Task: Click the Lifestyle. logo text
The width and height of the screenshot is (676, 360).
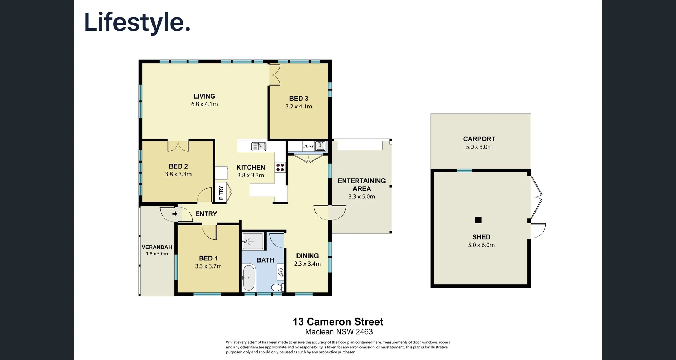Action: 137,23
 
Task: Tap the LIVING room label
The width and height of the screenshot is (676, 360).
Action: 204,96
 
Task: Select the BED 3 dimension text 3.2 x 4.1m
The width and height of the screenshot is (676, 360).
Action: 299,106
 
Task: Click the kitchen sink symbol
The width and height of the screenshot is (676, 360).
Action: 259,146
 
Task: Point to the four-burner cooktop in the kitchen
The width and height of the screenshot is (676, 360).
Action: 280,167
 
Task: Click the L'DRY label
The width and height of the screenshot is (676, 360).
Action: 308,146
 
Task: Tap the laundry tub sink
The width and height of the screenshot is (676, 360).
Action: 320,146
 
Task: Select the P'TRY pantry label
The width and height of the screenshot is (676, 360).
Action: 221,192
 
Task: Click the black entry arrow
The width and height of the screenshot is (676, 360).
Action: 175,214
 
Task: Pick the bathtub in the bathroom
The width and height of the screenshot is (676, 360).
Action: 249,277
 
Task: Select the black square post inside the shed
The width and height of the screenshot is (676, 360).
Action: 478,220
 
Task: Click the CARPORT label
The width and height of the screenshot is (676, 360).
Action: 479,139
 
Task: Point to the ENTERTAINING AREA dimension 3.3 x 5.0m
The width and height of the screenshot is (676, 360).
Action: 362,197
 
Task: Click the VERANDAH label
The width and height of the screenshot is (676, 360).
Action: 157,247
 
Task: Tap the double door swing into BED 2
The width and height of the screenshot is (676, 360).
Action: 178,146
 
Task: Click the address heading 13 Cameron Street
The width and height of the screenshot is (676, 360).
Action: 338,322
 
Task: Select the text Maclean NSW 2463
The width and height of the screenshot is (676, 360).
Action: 339,332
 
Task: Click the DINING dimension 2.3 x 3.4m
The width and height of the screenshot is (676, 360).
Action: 307,264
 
